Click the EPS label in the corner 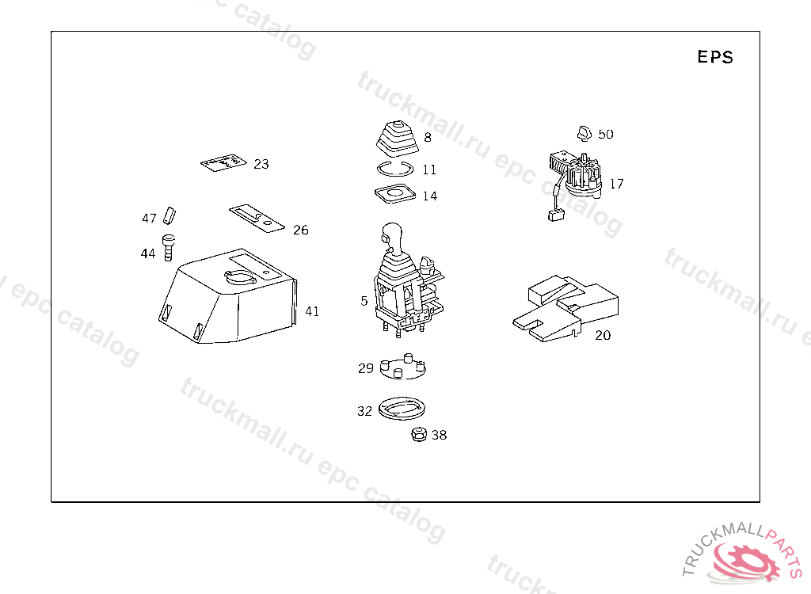tap(715, 56)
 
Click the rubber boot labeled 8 tap(397, 138)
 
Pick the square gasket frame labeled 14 tap(395, 193)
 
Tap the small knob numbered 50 tap(584, 133)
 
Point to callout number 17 tap(616, 184)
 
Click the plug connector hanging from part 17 tap(555, 215)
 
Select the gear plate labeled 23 tap(223, 162)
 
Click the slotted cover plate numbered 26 tap(257, 219)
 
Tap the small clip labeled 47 tap(169, 215)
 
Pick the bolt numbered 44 tap(168, 247)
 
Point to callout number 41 tap(312, 311)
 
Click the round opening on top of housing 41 tap(240, 277)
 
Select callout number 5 tap(364, 301)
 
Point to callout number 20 tap(603, 335)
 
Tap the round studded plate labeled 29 tap(402, 367)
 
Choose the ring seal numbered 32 tap(402, 408)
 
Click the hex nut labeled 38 tap(418, 434)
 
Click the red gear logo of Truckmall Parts tap(746, 562)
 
